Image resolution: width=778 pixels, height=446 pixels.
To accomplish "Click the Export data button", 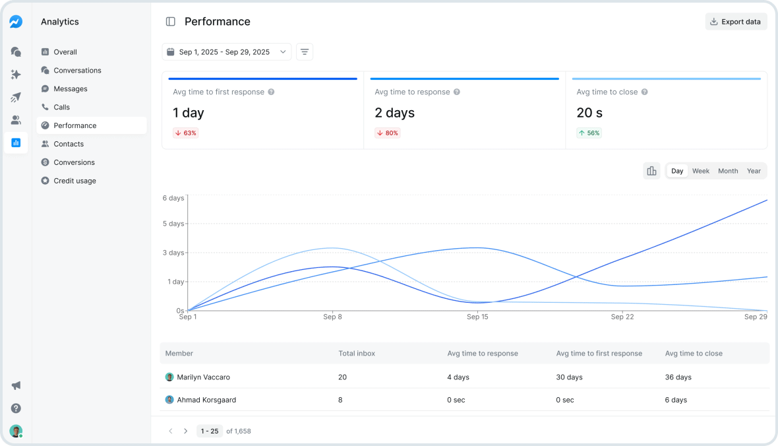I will [x=736, y=22].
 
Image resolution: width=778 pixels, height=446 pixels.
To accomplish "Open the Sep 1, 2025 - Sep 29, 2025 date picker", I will [x=226, y=52].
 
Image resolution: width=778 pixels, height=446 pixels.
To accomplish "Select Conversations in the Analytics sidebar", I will [x=77, y=71].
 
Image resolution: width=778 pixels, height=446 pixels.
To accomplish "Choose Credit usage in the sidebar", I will [x=75, y=181].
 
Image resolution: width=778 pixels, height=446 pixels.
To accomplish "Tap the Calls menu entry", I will [x=61, y=107].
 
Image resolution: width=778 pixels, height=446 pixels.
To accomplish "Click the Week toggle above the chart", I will [x=700, y=171].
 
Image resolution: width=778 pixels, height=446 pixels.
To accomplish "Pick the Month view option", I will [x=728, y=171].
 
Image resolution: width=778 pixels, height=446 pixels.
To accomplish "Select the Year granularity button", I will [x=754, y=171].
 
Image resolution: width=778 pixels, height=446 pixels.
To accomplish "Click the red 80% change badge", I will [x=388, y=133].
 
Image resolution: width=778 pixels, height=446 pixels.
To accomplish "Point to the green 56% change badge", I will [x=589, y=133].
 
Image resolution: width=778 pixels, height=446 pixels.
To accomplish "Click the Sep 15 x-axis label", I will [x=477, y=317].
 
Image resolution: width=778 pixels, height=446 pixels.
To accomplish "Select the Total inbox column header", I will [x=357, y=354].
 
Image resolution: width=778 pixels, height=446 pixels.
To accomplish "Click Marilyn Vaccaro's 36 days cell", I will [x=678, y=377].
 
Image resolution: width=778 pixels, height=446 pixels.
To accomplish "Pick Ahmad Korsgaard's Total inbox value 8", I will [x=340, y=400].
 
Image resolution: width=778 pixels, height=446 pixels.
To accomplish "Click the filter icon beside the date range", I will [x=305, y=52].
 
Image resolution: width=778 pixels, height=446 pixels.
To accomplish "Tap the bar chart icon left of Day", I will [x=651, y=171].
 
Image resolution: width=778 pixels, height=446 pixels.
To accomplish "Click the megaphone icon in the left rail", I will [x=16, y=385].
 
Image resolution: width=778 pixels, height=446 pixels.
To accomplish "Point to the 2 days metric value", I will [x=394, y=113].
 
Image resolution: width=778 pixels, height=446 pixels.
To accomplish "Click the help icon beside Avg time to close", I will [x=645, y=92].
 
